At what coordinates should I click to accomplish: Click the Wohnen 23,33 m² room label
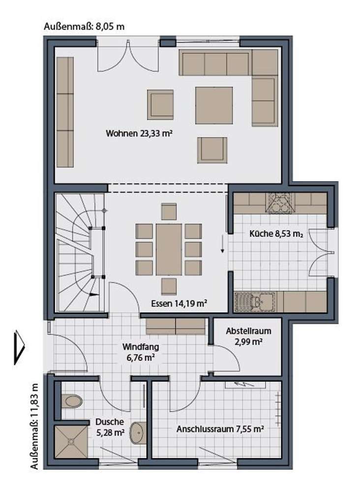coord(141,133)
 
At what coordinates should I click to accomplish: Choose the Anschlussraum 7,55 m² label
coord(220,429)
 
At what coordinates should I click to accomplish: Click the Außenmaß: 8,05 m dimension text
coord(84,26)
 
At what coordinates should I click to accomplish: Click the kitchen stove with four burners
coord(280,202)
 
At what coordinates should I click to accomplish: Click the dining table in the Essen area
coord(169,250)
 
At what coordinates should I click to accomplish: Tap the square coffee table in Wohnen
coord(214,105)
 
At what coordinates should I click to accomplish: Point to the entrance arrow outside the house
coord(20,347)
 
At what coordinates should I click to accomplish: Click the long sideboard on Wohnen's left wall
coord(65,112)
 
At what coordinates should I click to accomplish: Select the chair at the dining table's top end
coord(169,212)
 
